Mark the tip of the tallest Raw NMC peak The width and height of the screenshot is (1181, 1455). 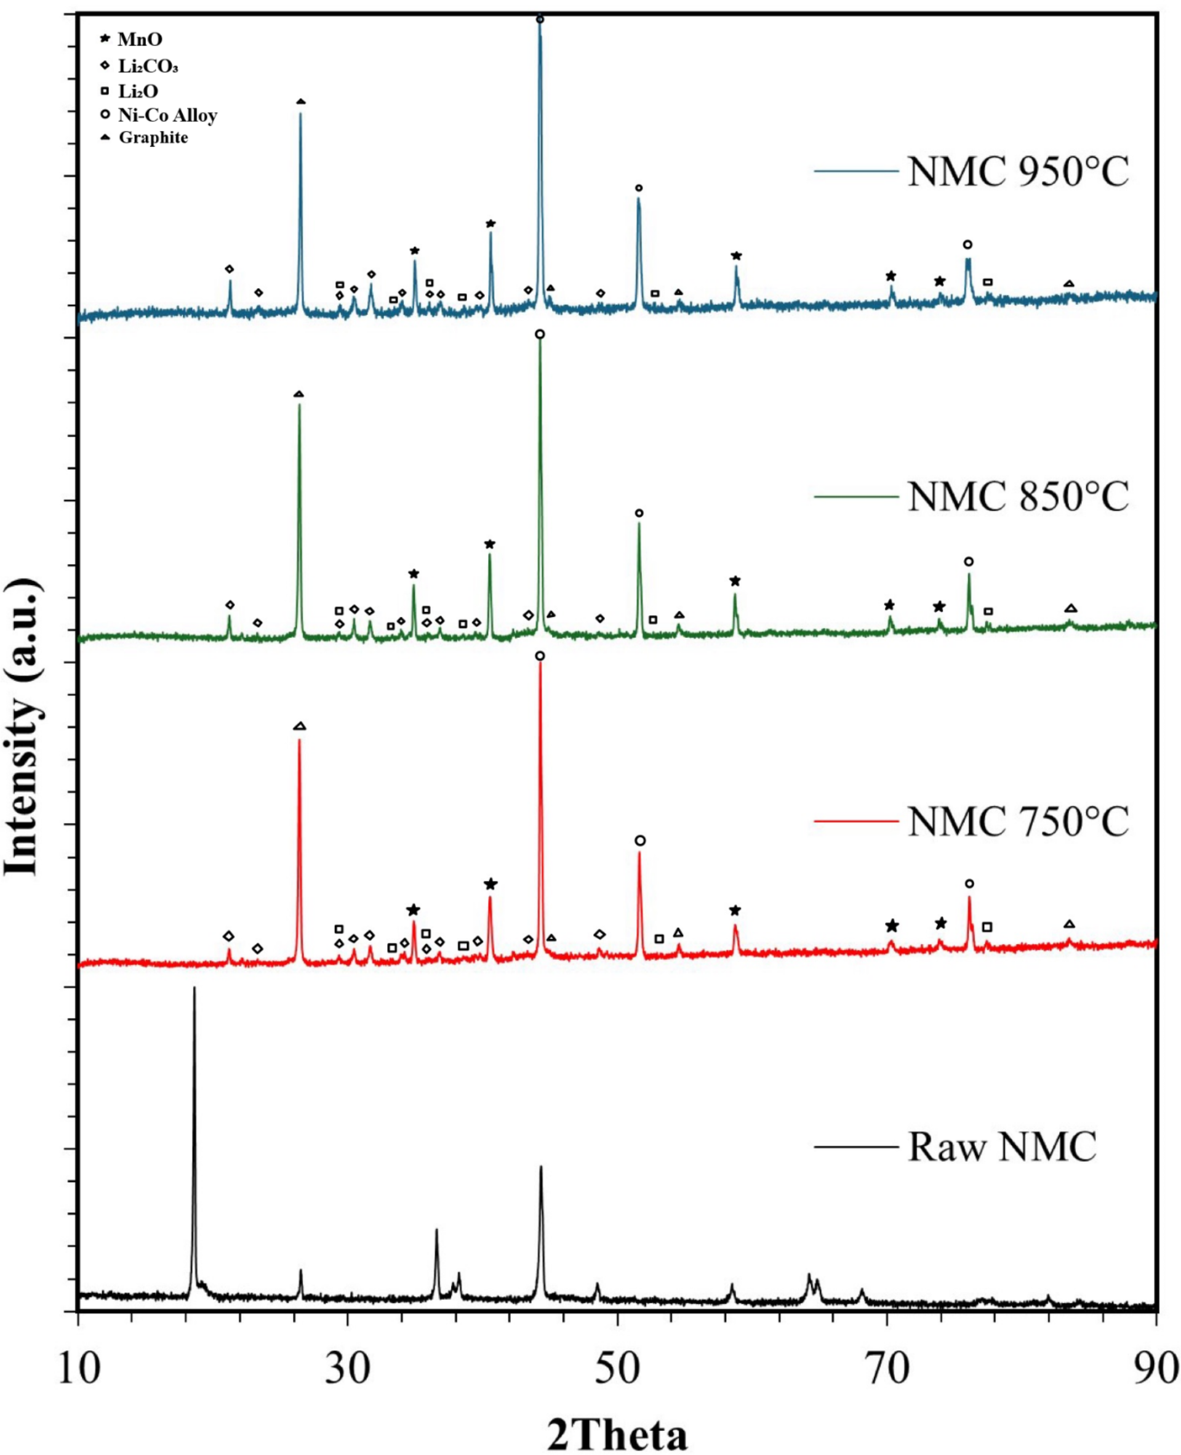(x=194, y=988)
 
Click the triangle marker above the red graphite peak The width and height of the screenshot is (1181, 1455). (x=300, y=727)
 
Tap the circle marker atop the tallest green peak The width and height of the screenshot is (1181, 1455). (x=540, y=334)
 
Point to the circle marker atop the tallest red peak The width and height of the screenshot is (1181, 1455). (x=540, y=656)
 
